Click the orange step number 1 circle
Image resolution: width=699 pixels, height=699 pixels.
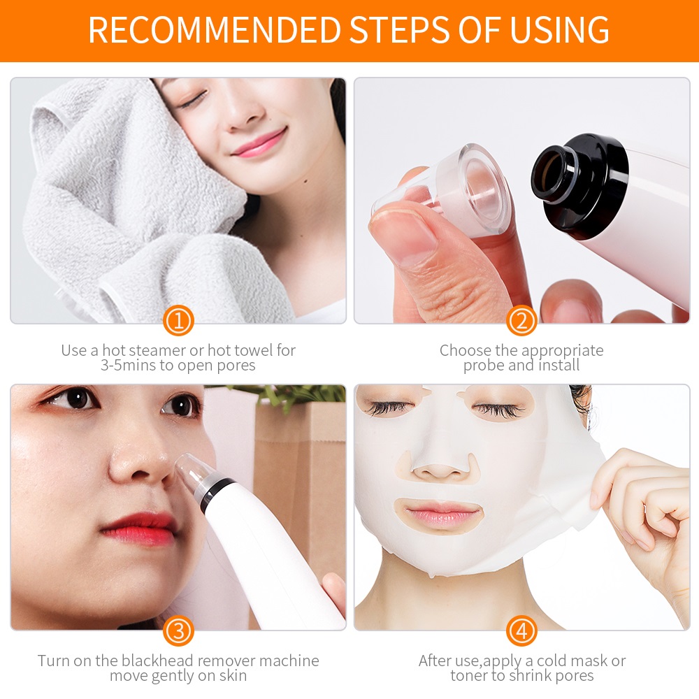pyautogui.click(x=178, y=322)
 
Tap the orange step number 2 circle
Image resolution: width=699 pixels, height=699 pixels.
pyautogui.click(x=521, y=322)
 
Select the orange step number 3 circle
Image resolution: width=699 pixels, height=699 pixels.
pyautogui.click(x=178, y=631)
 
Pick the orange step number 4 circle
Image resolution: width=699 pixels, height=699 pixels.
pyautogui.click(x=521, y=631)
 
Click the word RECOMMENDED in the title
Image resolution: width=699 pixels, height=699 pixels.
pyautogui.click(x=213, y=29)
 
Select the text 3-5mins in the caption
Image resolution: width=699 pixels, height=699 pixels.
pyautogui.click(x=130, y=366)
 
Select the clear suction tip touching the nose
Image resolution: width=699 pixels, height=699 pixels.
pyautogui.click(x=189, y=473)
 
